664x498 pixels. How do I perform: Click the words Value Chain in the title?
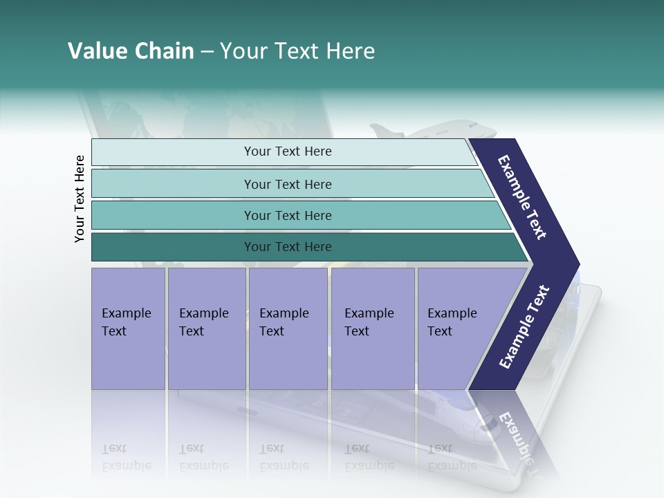[131, 51]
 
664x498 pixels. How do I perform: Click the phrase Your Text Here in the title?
[297, 51]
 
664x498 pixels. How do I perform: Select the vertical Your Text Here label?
[80, 199]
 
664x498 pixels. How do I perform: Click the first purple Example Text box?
[128, 328]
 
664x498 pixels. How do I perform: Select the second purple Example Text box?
[206, 328]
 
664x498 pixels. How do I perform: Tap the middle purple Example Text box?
[288, 328]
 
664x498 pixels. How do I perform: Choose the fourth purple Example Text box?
[373, 328]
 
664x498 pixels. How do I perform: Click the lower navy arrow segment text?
[524, 327]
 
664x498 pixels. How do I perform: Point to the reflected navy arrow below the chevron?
[512, 429]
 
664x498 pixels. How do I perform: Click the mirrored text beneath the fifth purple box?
[452, 456]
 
